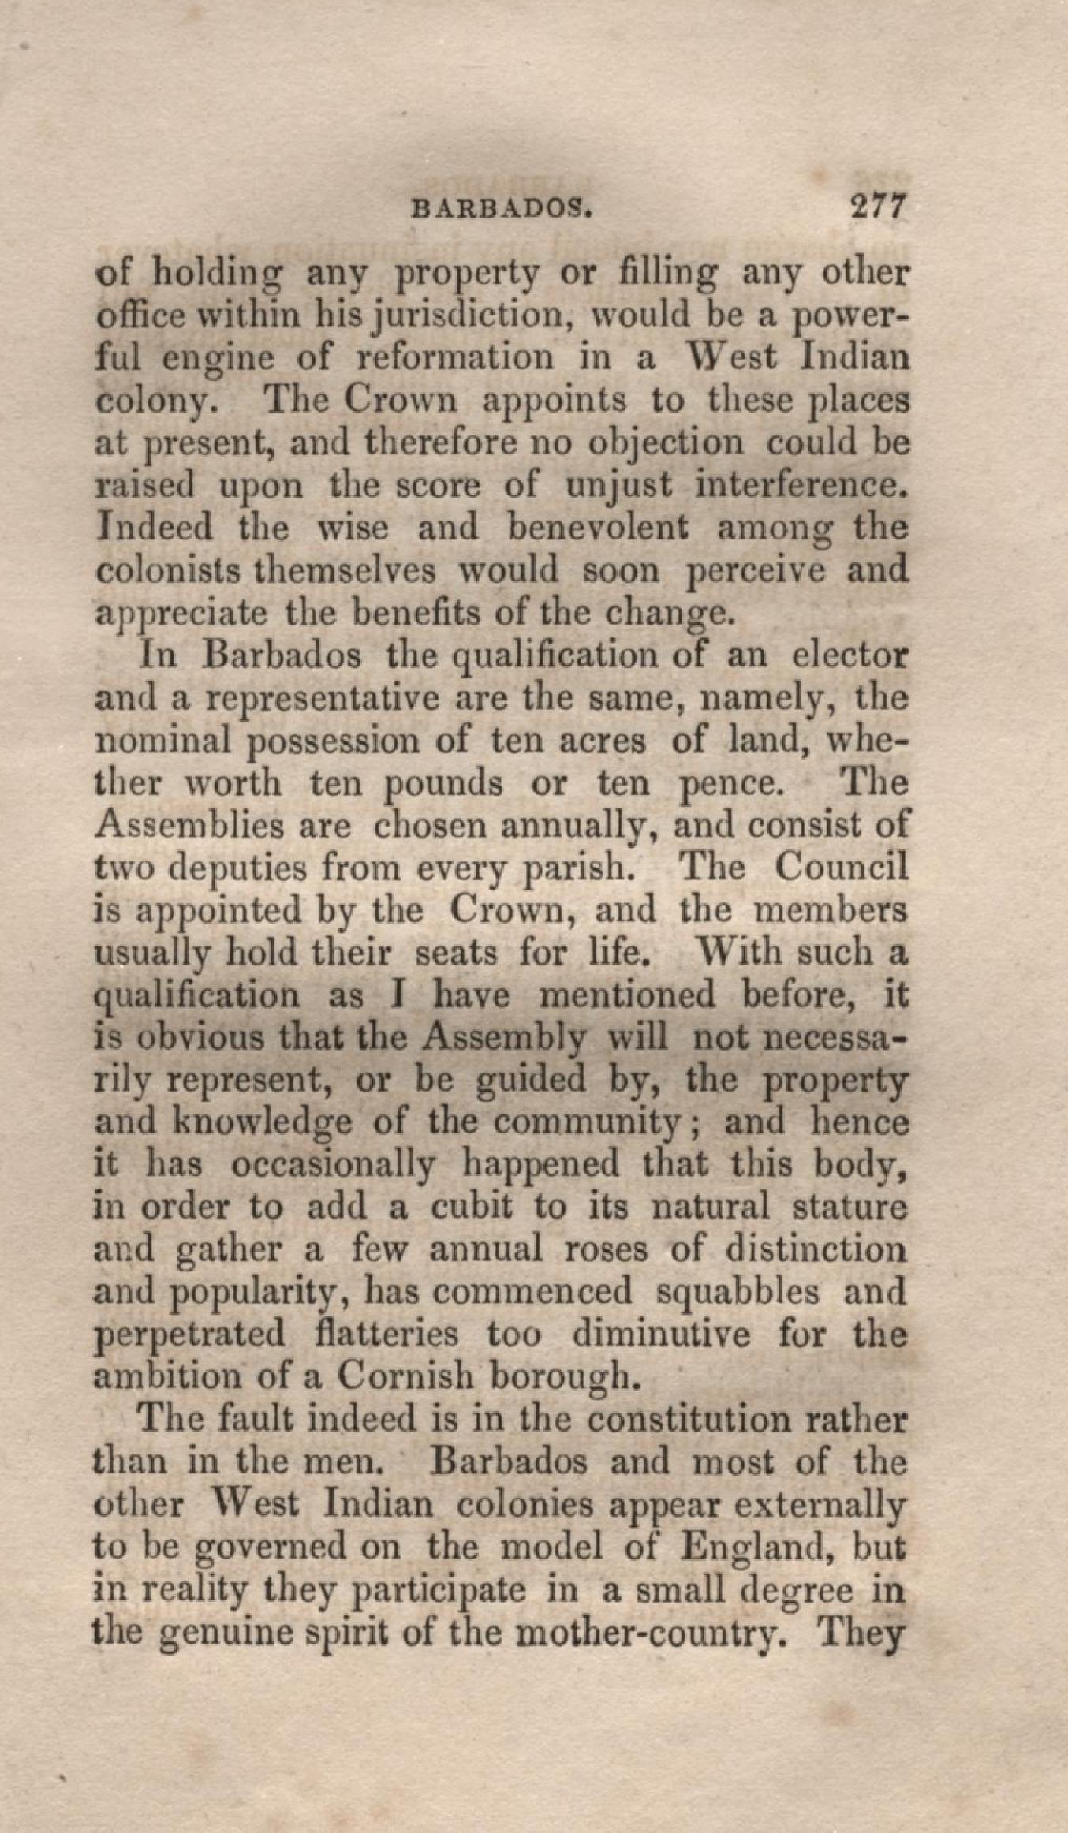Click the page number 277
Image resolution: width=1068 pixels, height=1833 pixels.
click(876, 209)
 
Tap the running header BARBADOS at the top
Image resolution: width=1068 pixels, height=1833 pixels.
click(502, 211)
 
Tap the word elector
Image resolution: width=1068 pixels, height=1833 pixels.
click(849, 656)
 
